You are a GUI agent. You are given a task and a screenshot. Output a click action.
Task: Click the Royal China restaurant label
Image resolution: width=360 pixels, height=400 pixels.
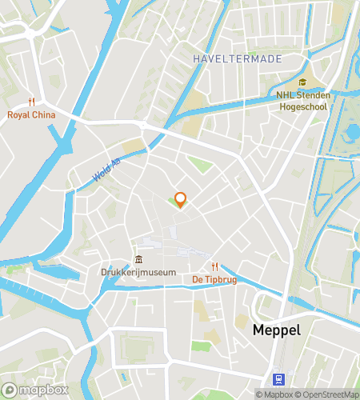tap(32, 114)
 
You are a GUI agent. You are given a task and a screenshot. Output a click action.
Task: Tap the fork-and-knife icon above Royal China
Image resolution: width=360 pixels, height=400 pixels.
tap(32, 102)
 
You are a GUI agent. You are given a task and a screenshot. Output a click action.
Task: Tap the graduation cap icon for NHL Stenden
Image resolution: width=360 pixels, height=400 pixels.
tap(302, 82)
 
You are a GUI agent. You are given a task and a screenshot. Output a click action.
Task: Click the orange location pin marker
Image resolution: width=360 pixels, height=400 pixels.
tap(180, 200)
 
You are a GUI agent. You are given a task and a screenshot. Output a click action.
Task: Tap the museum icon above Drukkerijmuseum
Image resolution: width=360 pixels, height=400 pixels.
tap(138, 259)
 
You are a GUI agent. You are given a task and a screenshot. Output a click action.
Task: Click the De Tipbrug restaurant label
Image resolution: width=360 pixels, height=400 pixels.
tap(214, 279)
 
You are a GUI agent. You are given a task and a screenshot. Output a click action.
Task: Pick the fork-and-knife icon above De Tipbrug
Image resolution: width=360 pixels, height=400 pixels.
tap(214, 266)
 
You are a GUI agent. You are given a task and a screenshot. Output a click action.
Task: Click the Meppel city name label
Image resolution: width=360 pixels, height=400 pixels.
tap(276, 330)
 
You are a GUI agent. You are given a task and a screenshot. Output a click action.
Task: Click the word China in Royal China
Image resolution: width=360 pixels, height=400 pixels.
tap(43, 114)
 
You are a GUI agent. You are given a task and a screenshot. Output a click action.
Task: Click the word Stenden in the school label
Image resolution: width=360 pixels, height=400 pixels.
tap(312, 94)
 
